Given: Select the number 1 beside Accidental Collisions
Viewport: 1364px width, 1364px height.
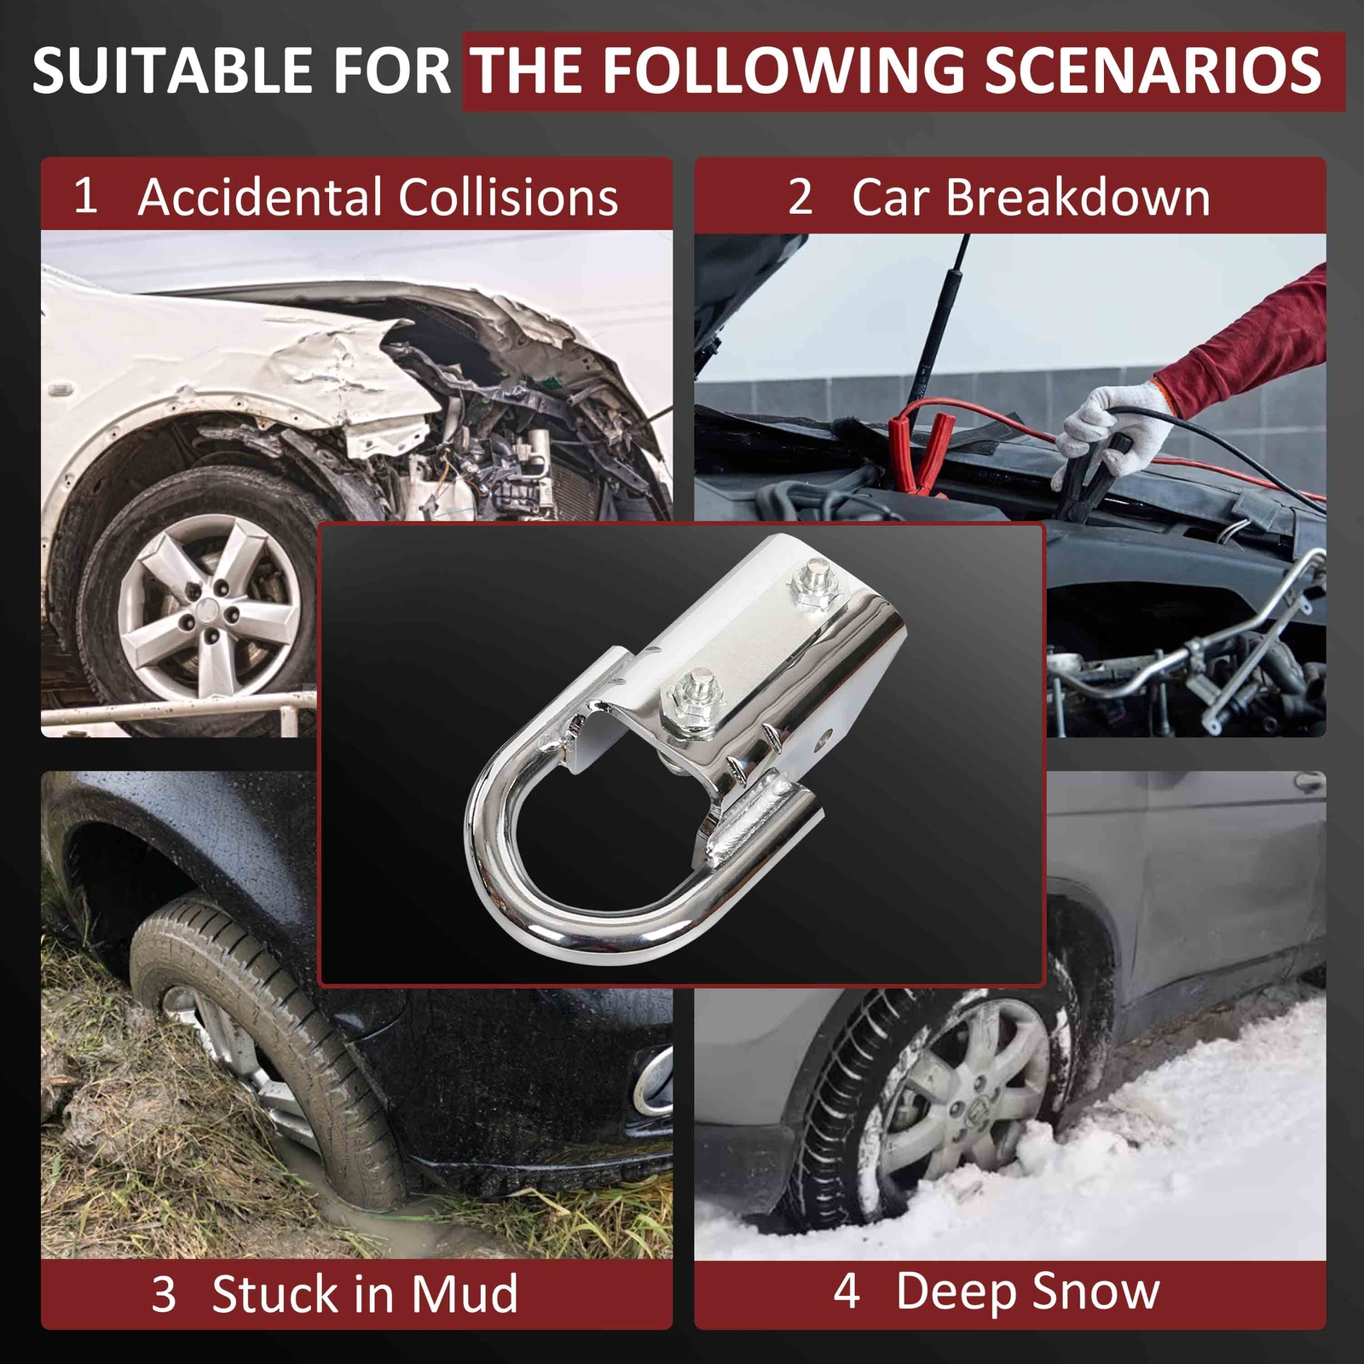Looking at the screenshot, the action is [x=84, y=195].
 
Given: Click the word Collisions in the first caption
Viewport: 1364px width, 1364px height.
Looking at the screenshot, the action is [x=508, y=197].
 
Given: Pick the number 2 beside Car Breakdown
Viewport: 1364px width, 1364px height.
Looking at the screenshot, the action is [x=800, y=197].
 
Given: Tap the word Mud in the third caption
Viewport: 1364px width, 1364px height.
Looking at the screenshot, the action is [x=465, y=1294].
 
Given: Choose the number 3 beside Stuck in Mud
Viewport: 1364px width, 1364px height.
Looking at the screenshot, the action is [x=164, y=1294].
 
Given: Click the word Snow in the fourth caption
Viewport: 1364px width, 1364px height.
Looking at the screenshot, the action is [x=1094, y=1291].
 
